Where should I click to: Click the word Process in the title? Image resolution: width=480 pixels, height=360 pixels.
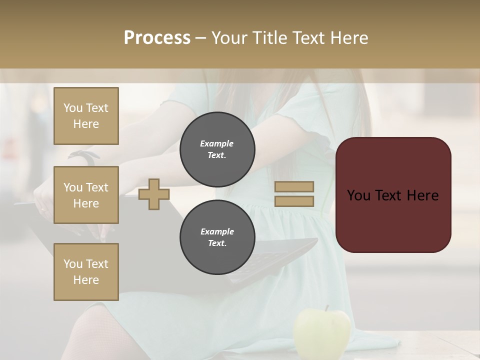tap(157, 38)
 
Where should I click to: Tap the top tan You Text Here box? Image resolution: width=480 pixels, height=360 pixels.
tap(86, 116)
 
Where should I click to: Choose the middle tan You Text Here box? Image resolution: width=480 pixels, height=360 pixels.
tap(86, 195)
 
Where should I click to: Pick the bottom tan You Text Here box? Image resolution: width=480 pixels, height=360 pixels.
tap(86, 272)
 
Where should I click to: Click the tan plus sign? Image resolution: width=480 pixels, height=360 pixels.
tap(154, 194)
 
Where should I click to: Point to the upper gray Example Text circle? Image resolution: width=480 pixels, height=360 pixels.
tap(217, 149)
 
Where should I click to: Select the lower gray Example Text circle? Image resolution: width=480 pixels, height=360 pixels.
tap(217, 237)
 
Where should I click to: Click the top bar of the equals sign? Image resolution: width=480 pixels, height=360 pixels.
tap(294, 186)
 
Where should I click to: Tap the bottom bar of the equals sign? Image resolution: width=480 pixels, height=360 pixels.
tap(294, 201)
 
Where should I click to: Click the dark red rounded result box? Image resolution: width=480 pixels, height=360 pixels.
tap(393, 195)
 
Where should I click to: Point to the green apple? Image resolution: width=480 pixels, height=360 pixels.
tap(322, 332)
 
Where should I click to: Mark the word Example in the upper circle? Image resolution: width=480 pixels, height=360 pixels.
tap(216, 143)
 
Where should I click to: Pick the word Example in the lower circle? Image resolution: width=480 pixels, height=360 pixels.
tap(217, 231)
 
